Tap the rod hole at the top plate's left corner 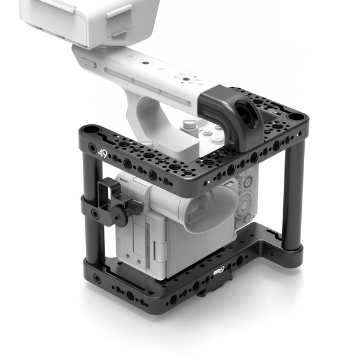pos(90,129)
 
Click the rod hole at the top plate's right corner pos(295,115)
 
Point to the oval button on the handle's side pos(89,63)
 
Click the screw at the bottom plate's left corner pos(97,278)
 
